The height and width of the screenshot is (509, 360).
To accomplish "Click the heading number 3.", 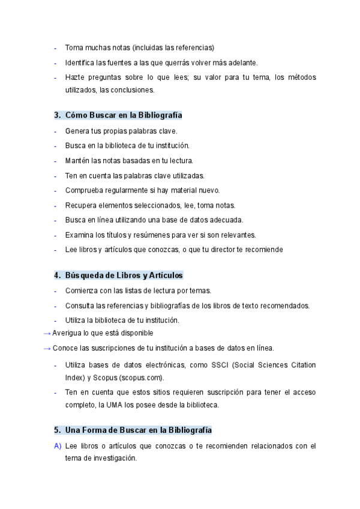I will click(x=57, y=115).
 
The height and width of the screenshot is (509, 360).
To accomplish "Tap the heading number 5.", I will click(x=57, y=430).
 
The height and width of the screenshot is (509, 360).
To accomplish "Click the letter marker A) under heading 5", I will click(x=58, y=446).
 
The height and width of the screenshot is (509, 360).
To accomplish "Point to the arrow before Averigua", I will click(x=47, y=333).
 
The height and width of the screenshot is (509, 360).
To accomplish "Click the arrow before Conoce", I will click(x=47, y=348).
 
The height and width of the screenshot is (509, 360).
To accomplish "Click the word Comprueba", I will click(x=84, y=190).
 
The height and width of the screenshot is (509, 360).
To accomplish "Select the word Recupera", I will click(x=81, y=205).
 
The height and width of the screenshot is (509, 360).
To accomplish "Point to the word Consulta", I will click(x=80, y=306).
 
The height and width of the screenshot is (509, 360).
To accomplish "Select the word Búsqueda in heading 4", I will click(x=84, y=275).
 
